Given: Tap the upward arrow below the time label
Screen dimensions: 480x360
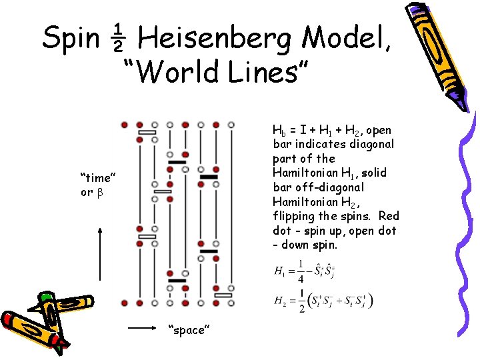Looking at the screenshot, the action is [100, 253].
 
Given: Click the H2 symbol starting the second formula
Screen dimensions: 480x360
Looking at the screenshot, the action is [281, 301].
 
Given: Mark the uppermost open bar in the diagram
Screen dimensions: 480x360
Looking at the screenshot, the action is [147, 133].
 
